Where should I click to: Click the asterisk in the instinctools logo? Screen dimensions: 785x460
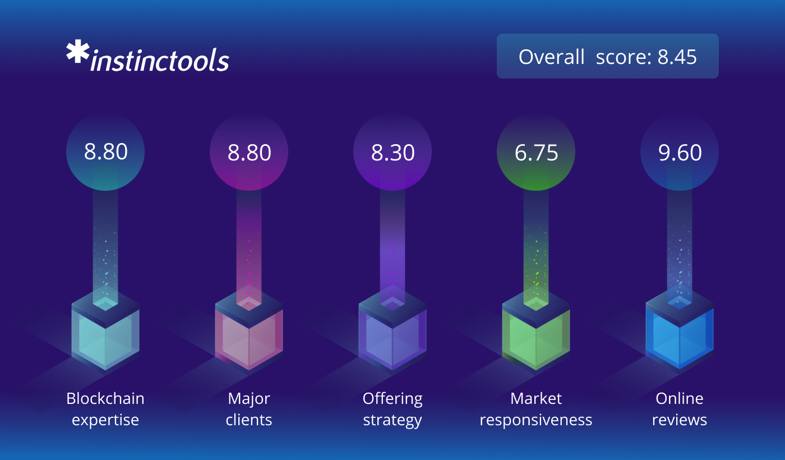click(x=78, y=52)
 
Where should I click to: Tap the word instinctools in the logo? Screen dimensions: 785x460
click(x=160, y=59)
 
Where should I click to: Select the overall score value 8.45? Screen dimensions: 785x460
click(x=677, y=57)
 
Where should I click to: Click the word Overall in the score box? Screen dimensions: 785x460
click(x=551, y=57)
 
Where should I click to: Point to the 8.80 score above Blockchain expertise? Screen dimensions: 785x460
click(x=105, y=152)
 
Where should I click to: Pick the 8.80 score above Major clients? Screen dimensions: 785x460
click(x=249, y=153)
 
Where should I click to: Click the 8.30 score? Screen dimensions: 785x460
click(x=392, y=153)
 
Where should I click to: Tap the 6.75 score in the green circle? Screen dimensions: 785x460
click(x=536, y=153)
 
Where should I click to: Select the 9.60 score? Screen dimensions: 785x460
click(x=680, y=153)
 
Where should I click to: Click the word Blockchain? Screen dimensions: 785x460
click(x=105, y=398)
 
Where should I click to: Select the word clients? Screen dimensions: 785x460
click(x=249, y=420)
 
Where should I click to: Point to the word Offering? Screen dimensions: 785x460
click(x=392, y=399)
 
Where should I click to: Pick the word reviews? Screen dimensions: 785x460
click(x=680, y=420)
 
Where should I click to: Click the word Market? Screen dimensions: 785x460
click(x=536, y=399)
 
